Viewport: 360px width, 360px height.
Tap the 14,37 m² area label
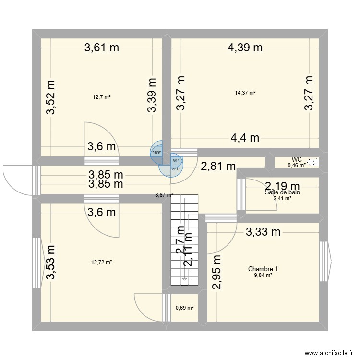(x=245, y=93)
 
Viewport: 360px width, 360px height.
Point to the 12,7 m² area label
(x=102, y=97)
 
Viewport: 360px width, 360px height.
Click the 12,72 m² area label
(x=102, y=262)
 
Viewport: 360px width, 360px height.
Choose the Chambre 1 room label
(x=263, y=269)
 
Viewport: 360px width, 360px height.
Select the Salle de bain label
(x=282, y=192)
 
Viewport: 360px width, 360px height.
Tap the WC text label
(x=297, y=159)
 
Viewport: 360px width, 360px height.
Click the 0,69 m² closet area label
(x=185, y=308)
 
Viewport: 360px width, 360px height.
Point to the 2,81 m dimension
(x=218, y=167)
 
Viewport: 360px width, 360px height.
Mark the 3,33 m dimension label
(x=263, y=232)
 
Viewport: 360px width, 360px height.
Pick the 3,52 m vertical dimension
(x=51, y=97)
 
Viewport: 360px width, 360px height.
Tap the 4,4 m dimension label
(x=245, y=138)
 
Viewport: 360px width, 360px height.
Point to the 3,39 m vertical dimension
(x=152, y=95)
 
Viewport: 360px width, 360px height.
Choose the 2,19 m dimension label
(x=283, y=185)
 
